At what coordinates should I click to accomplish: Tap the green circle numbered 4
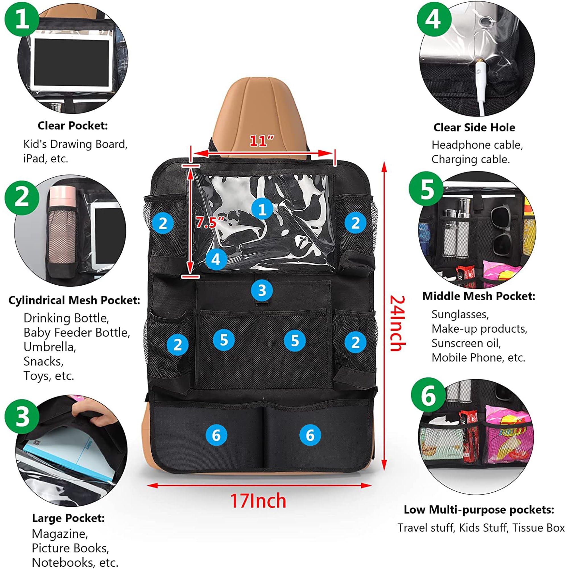click(434, 19)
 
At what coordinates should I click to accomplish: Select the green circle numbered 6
click(428, 395)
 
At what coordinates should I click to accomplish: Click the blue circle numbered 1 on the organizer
click(262, 209)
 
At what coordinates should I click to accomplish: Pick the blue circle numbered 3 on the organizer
click(262, 290)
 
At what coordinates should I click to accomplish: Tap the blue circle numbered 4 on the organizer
click(216, 259)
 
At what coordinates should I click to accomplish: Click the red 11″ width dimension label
click(261, 141)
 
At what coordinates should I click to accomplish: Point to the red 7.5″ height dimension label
click(210, 222)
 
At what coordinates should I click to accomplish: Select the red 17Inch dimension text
click(258, 501)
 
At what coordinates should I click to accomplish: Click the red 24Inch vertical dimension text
click(398, 323)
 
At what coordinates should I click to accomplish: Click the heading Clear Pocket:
click(73, 126)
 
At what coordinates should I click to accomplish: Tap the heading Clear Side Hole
click(474, 127)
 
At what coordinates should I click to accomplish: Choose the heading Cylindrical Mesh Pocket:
click(74, 300)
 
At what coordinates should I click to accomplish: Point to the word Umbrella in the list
click(50, 347)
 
